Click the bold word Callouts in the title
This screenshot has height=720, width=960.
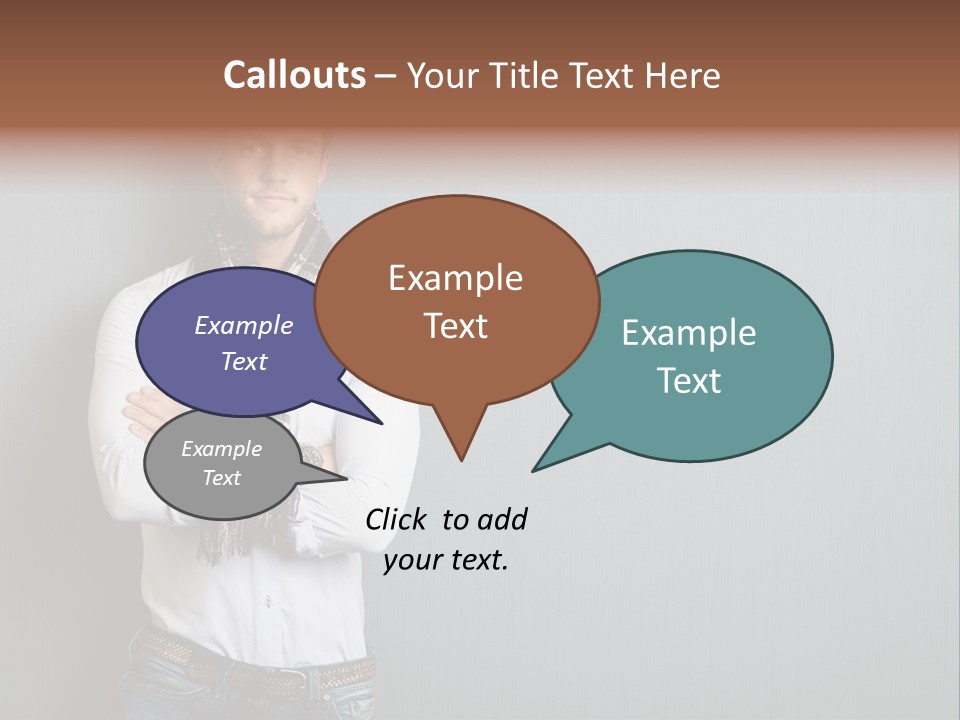pos(294,76)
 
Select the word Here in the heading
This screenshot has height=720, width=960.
pos(684,76)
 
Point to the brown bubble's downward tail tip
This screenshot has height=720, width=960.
pos(461,460)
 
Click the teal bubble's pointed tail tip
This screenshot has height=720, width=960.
pos(533,470)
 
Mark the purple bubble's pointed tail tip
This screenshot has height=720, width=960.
pos(382,424)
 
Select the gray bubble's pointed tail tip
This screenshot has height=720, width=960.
pos(346,478)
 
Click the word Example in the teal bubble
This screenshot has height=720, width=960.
pos(689,333)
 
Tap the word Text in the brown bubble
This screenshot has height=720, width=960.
pos(456,326)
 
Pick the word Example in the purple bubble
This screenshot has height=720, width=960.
pos(244,326)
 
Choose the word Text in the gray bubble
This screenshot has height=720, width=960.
pos(221,478)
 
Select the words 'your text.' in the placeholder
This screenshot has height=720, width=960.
pos(446,560)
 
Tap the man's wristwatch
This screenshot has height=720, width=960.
pos(313,456)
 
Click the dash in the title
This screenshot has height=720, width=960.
pos(387,76)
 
